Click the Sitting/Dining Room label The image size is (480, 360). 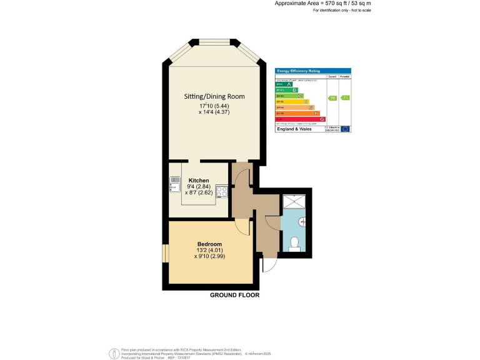pos(214,96)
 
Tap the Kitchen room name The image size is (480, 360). pos(199,180)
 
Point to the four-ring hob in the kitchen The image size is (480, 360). pos(221,192)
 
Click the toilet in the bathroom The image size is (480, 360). pos(295,244)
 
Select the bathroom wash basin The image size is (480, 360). pos(302,221)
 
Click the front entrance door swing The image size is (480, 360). pos(269,265)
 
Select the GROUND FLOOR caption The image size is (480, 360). pos(234,295)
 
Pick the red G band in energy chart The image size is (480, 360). pos(300,119)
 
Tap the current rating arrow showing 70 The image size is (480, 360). pos(332,98)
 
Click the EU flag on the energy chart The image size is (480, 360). pos(345,129)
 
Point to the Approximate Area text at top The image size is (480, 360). pos(318,4)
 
